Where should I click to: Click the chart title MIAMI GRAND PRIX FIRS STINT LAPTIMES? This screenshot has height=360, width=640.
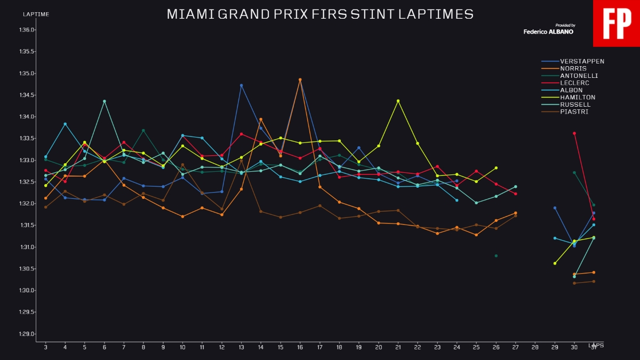(320, 14)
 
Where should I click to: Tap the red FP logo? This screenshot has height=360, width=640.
(617, 23)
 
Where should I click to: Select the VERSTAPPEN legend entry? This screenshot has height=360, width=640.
(582, 61)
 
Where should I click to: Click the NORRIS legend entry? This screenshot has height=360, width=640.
(573, 69)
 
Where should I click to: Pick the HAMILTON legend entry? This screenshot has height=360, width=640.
(578, 98)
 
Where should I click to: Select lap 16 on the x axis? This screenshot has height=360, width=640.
(300, 347)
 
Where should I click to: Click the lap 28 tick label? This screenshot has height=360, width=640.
(535, 347)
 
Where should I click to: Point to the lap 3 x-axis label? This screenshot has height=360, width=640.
(45, 347)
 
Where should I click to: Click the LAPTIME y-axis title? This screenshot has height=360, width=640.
(36, 14)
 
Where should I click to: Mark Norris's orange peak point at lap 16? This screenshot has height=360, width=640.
(300, 79)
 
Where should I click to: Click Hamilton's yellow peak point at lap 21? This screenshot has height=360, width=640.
(398, 101)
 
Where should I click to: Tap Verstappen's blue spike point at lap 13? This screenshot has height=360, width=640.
(242, 85)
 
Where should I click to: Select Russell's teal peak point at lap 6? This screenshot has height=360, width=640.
(105, 101)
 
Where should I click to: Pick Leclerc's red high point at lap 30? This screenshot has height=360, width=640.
(574, 133)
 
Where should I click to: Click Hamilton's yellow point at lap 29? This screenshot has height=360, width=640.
(555, 263)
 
